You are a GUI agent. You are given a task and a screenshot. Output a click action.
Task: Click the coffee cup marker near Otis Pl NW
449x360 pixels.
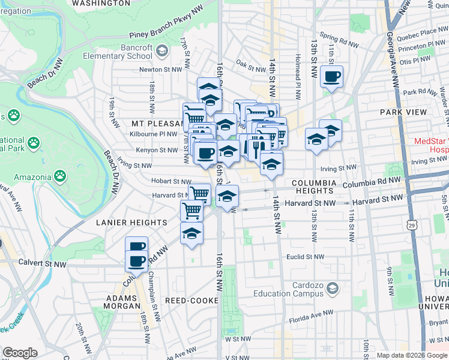(331, 77)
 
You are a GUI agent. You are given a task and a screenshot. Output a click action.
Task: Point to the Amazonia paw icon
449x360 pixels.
(60, 175)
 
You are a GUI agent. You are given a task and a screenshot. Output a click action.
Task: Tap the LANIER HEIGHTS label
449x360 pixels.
(131, 223)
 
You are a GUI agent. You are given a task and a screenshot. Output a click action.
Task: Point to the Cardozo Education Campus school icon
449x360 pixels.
(331, 290)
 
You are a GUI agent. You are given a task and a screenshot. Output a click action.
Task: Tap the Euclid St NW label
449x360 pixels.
(300, 256)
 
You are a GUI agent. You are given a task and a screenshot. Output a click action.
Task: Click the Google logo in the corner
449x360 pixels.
(20, 353)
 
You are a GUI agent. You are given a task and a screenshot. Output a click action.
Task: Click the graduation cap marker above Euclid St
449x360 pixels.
(191, 233)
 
